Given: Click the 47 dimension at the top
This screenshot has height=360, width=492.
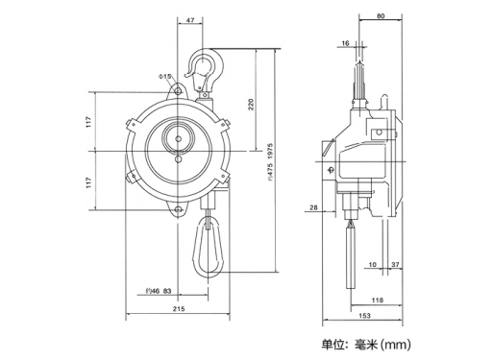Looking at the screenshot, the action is pyautogui.click(x=190, y=20).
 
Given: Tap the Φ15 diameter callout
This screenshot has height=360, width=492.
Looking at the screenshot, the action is pyautogui.click(x=165, y=77).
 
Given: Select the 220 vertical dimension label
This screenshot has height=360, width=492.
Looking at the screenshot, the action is pyautogui.click(x=251, y=105).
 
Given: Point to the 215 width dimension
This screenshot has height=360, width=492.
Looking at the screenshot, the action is pyautogui.click(x=179, y=309).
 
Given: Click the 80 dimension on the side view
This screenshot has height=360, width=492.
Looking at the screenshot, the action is pyautogui.click(x=381, y=16).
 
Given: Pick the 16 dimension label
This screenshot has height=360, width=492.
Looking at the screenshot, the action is pyautogui.click(x=345, y=43).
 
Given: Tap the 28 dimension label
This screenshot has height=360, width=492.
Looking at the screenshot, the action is pyautogui.click(x=313, y=207).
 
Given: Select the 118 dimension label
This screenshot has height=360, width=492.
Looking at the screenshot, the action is pyautogui.click(x=377, y=300).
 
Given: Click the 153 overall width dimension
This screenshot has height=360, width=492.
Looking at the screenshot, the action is pyautogui.click(x=364, y=316).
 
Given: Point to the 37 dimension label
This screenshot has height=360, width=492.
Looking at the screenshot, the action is pyautogui.click(x=395, y=265).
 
